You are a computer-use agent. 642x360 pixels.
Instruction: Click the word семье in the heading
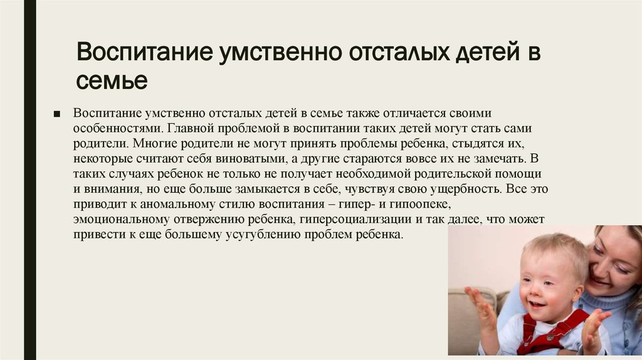[x=112, y=80]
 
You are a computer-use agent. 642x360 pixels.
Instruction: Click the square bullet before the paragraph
[x=57, y=114]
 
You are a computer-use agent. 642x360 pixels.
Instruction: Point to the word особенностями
[x=118, y=129]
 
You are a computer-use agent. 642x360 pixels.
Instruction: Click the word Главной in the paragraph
[x=191, y=128]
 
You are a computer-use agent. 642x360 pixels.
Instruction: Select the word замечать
[x=499, y=159]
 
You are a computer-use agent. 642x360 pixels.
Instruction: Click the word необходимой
[x=373, y=174]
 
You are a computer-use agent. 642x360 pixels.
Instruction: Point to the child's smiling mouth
[x=537, y=304]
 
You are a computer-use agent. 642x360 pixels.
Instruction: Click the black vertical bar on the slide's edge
[x=30, y=180]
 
